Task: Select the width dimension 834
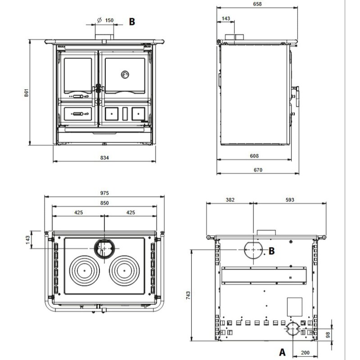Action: point(104,157)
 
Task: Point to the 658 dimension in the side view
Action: point(257,4)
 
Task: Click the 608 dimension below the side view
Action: point(254,156)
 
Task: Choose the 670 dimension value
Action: point(257,170)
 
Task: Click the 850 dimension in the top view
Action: point(104,203)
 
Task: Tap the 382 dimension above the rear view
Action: point(229,199)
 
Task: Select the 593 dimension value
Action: point(290,199)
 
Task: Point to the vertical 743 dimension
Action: point(188,295)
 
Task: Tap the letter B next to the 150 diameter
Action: point(132,21)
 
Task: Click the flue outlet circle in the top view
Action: point(104,248)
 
